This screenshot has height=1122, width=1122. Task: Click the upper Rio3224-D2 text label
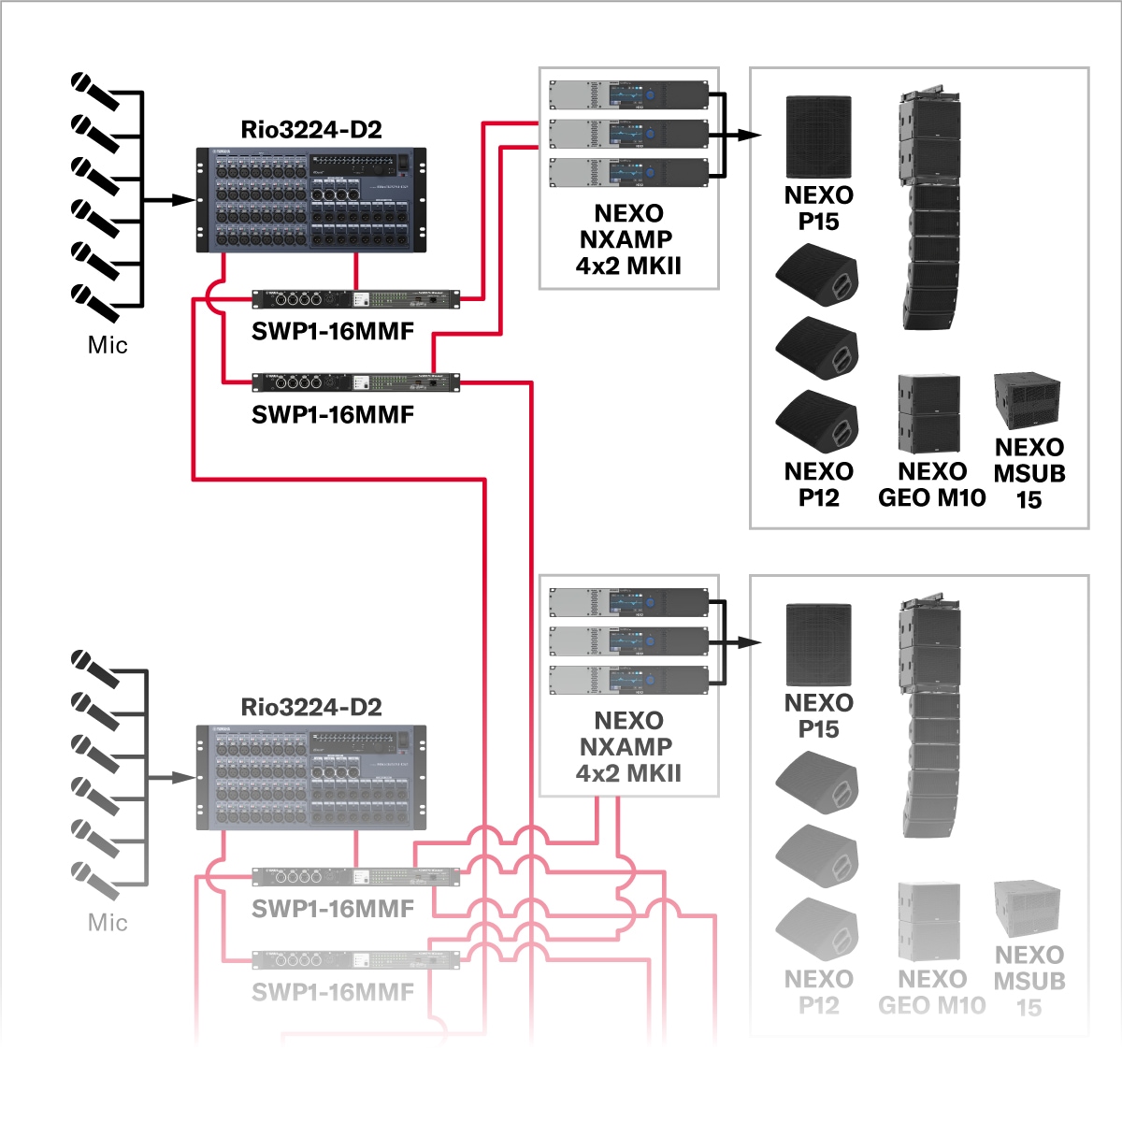point(311,129)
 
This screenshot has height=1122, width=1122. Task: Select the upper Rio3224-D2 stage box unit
point(311,199)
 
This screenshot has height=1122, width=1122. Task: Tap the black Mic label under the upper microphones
point(108,345)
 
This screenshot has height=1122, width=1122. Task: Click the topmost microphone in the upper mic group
point(94,92)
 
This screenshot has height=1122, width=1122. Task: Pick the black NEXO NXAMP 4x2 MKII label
point(628,239)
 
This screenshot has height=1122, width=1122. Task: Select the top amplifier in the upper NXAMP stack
point(628,94)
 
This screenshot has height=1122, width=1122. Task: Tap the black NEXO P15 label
point(818,208)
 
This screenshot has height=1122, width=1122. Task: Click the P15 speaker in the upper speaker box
point(818,137)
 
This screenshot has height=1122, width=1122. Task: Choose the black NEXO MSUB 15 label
point(1028,473)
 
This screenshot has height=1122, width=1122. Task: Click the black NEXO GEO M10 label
point(931,484)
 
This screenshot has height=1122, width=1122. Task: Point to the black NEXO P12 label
point(818,484)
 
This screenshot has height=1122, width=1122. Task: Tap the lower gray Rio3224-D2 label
point(311,707)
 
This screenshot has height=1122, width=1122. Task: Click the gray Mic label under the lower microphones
point(108,923)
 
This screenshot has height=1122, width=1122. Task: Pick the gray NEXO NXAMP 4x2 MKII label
point(628,747)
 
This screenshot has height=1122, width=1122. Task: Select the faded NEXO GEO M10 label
point(931,992)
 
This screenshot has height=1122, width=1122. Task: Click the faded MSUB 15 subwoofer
point(1027,908)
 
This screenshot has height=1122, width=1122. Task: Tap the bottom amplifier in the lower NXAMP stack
point(628,681)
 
